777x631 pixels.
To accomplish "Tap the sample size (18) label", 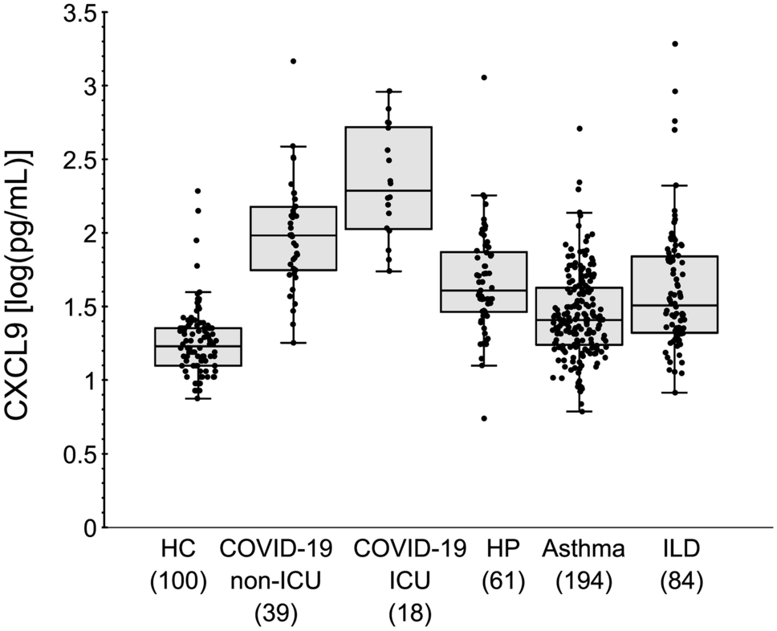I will tap(410, 613).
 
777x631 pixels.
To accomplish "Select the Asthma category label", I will tap(583, 549).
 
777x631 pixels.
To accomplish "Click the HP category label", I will tap(502, 549).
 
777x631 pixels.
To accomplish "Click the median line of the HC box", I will tap(198, 345).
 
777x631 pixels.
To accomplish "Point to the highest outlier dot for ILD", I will tap(675, 43).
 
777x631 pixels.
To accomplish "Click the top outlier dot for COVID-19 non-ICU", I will tap(293, 61).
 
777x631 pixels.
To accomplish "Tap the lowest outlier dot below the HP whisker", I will tap(484, 418).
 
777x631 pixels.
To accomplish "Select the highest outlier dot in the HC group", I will tap(197, 191).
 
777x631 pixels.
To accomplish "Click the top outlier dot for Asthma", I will tap(580, 128).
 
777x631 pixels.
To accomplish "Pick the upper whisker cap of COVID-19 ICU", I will tap(389, 92).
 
